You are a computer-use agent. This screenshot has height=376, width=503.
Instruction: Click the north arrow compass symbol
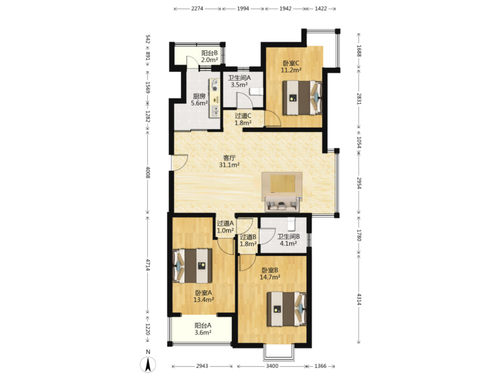pos(148,364)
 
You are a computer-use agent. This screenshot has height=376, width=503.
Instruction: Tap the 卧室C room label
pos(291,63)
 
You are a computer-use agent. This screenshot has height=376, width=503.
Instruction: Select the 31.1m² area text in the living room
pos(229,165)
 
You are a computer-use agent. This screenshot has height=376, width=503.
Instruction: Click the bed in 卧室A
pos(192,266)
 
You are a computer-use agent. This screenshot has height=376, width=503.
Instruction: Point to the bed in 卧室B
pos(287,309)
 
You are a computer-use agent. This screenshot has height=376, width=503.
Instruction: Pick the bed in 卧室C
pos(302,98)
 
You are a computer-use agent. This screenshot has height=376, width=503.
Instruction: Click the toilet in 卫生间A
pos(256,91)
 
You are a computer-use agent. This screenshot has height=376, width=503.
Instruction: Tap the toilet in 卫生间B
pos(291,224)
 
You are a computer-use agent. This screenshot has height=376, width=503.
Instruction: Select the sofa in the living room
pos(282,204)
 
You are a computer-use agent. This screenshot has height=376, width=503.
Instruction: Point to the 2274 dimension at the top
pos(197,9)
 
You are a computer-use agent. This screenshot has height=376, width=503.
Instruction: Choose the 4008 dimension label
pos(148,172)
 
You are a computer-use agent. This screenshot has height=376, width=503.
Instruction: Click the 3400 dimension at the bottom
pos(272,366)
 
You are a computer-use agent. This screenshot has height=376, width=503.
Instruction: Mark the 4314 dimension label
pos(359,299)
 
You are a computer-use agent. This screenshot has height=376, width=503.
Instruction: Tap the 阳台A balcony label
pos(203,325)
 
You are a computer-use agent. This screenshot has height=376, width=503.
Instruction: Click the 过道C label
pos(243,116)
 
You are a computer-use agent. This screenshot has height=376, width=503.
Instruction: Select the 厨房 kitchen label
pos(199,96)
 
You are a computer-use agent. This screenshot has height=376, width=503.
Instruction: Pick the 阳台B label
pos(209,53)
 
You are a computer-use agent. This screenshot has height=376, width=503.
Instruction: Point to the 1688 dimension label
pos(359,51)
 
